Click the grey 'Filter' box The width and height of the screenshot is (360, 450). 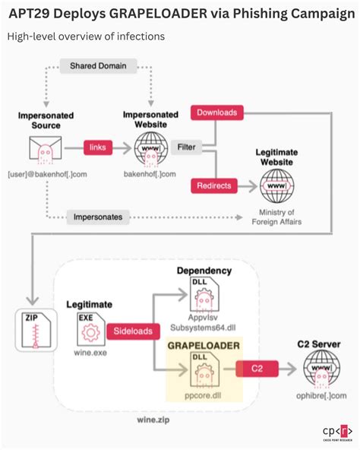coord(187,145)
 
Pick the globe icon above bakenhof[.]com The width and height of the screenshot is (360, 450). coord(150,147)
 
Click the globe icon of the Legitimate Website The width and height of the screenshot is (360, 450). coord(276,185)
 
